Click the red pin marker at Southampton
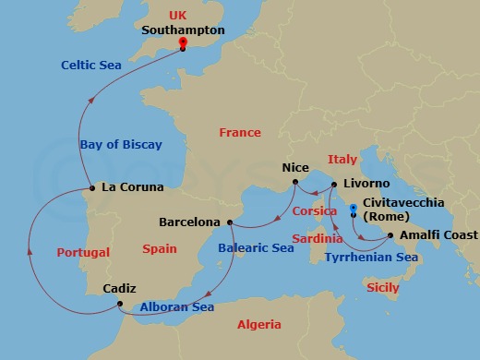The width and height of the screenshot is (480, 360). coord(183,43)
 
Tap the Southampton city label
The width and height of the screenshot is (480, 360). coord(184,30)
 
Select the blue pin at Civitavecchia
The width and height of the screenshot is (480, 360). coord(354,195)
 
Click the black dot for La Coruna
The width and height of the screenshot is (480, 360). coord(91,187)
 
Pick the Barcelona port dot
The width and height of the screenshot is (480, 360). coord(229,222)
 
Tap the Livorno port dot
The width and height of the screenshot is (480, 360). coord(321,184)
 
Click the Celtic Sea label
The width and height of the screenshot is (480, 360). coord(91,65)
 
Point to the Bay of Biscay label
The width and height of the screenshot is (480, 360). coord(121,144)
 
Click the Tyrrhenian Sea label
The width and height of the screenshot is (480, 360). coord(371,258)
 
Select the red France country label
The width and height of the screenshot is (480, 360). coord(240,133)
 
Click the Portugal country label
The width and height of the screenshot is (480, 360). coord(82,252)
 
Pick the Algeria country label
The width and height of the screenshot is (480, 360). coord(259,325)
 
